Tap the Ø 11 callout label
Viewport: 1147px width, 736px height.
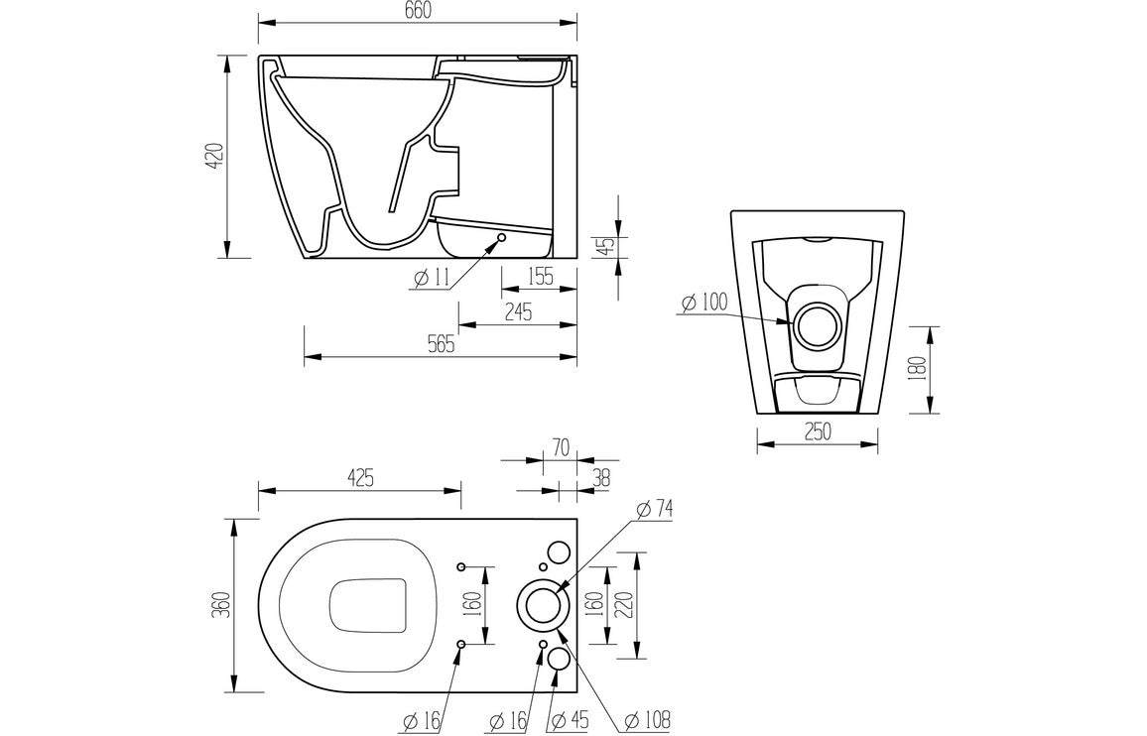point(431,279)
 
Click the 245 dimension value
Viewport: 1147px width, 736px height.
point(518,312)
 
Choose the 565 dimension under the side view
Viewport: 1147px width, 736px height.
point(441,345)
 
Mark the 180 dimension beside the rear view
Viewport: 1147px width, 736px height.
point(917,369)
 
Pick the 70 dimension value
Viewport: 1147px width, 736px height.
point(561,449)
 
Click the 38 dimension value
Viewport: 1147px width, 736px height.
point(600,478)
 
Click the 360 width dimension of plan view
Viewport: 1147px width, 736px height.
point(220,605)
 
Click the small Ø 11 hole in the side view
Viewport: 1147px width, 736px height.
point(501,238)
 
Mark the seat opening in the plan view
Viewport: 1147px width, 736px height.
point(368,605)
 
